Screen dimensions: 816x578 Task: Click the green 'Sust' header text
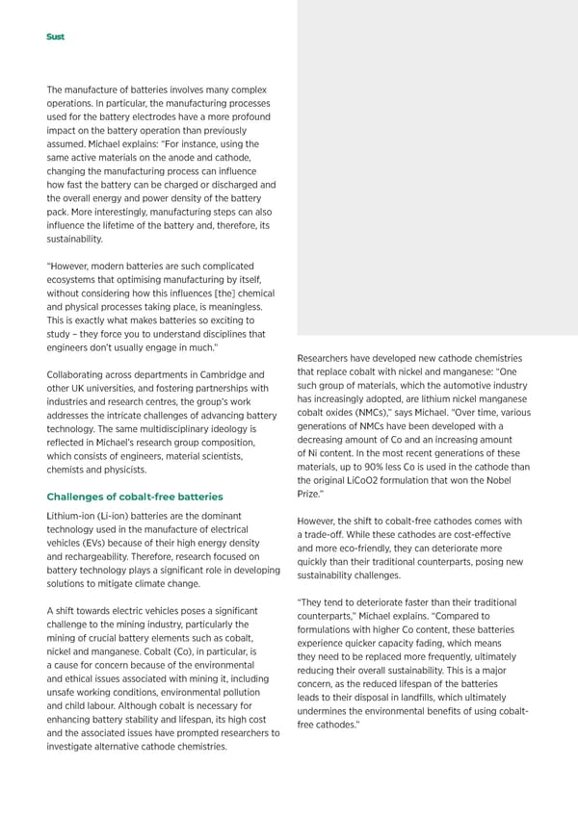click(x=56, y=37)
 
